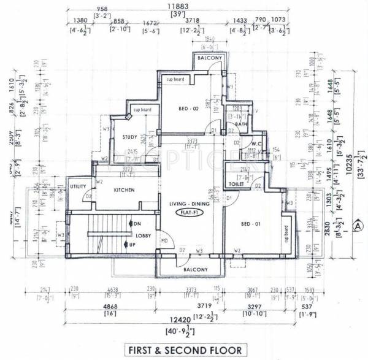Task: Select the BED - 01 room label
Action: tap(251, 225)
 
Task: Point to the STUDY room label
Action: tap(129, 137)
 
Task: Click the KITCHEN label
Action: tap(124, 190)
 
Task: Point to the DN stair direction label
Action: tap(137, 224)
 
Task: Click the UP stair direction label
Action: tap(136, 245)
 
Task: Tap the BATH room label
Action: tap(241, 124)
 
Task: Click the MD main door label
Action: tap(164, 240)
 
